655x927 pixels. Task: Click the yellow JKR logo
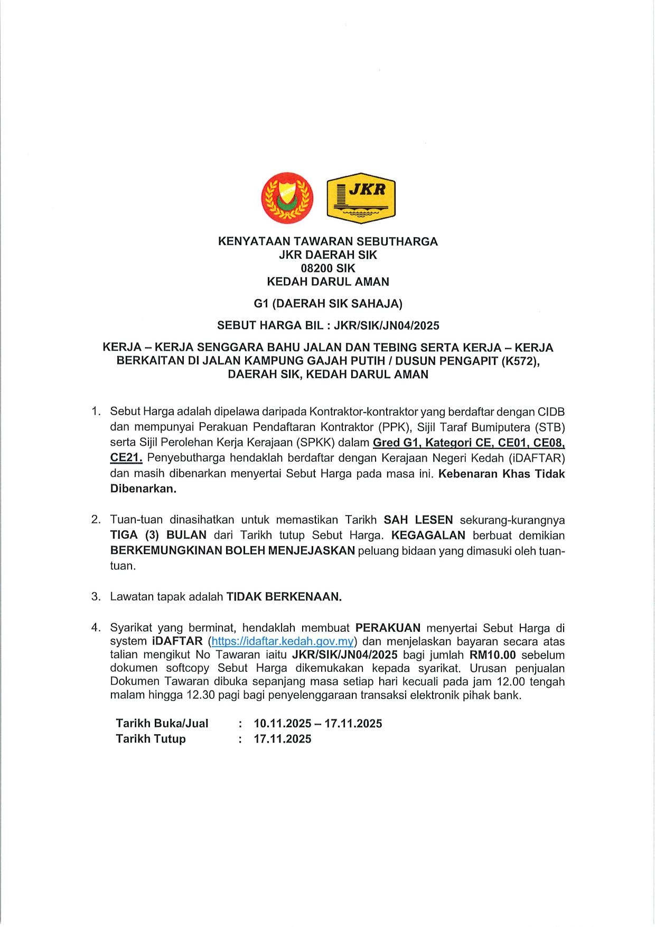pos(361,198)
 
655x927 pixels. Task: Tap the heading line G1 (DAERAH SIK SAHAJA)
pos(328,304)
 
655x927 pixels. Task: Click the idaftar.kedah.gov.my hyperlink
pos(283,642)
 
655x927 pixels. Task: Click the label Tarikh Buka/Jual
pos(162,724)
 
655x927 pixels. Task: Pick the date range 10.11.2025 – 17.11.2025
pos(318,724)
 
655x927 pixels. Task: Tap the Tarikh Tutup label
pos(151,739)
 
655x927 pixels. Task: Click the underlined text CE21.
pos(126,458)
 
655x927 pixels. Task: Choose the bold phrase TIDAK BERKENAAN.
pos(284,597)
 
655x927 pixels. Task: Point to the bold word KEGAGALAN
pos(428,535)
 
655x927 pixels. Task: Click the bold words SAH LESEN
pos(418,520)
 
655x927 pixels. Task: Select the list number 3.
pos(96,597)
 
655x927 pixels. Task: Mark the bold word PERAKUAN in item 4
pos(388,628)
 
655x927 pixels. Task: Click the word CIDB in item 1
pos(551,412)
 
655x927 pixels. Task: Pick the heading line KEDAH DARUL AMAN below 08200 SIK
pos(328,282)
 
